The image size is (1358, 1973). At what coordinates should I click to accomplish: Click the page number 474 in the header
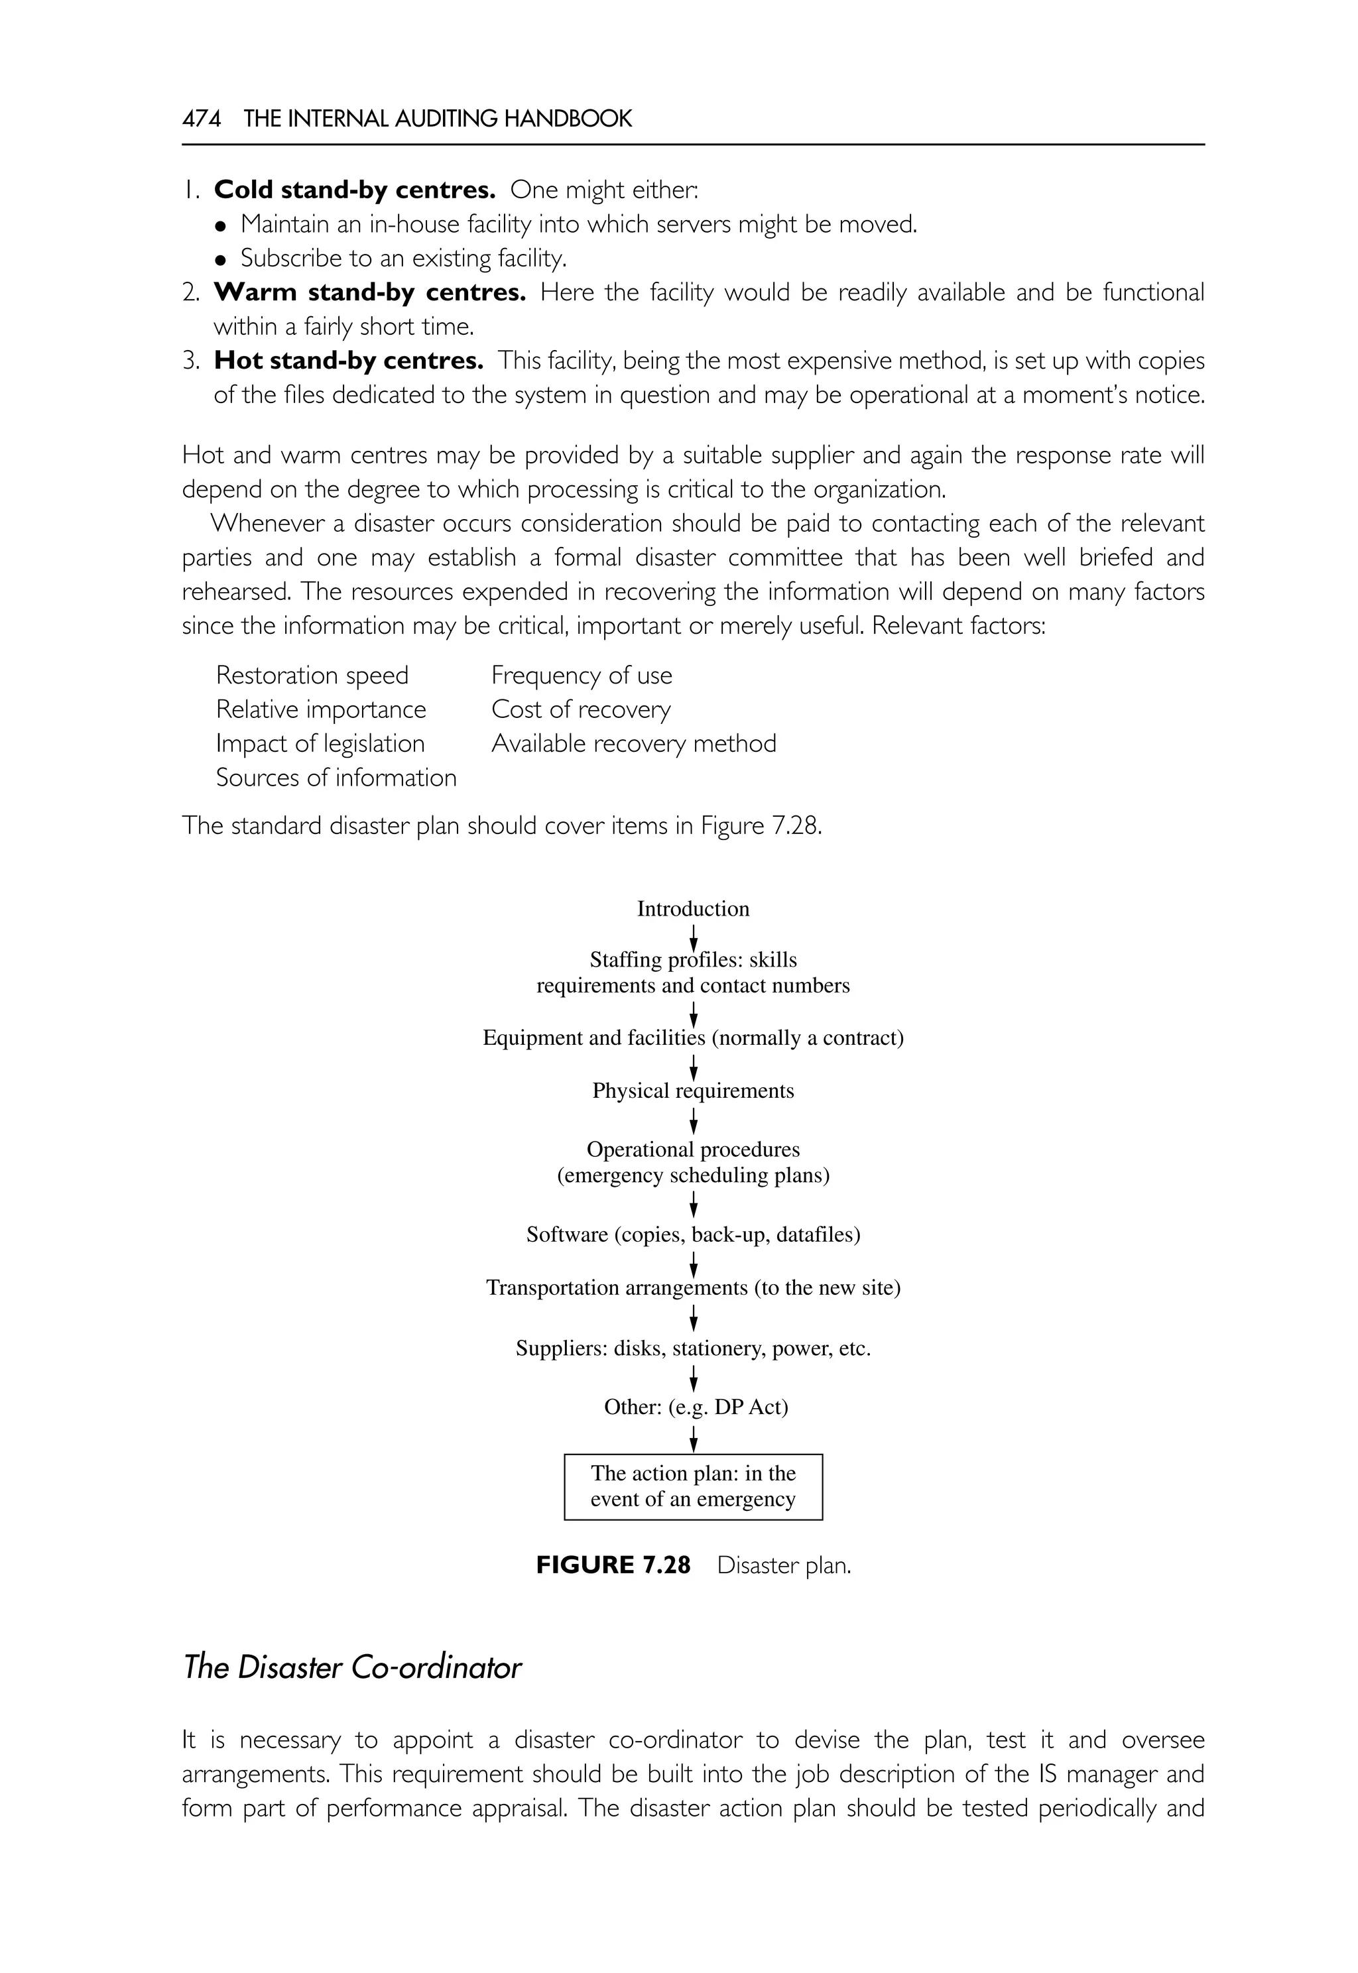tap(202, 119)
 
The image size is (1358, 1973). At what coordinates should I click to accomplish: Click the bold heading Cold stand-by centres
tap(354, 190)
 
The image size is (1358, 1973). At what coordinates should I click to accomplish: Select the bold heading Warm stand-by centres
tap(369, 292)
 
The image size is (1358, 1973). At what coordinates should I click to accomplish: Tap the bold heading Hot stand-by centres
tap(348, 361)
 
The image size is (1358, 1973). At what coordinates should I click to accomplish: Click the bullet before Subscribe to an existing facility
tap(221, 259)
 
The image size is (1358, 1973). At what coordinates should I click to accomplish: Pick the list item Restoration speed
tap(312, 676)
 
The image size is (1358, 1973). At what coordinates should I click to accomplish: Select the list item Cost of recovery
tap(581, 709)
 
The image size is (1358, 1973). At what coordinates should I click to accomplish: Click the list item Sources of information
tap(336, 778)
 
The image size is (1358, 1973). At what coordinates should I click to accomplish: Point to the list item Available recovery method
tap(634, 744)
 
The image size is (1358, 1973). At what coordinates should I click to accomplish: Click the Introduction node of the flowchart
tap(693, 909)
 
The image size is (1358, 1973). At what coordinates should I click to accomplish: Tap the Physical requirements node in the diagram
tap(693, 1091)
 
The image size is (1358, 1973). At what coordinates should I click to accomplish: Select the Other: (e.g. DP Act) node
tap(695, 1407)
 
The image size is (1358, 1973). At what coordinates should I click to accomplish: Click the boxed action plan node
tap(693, 1486)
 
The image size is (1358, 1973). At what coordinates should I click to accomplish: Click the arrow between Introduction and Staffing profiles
tap(694, 937)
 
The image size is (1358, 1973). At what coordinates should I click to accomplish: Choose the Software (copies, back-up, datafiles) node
tap(693, 1234)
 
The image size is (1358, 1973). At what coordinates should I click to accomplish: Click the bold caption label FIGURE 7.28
tap(613, 1565)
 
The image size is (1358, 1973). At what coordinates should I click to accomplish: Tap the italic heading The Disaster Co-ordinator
tap(351, 1667)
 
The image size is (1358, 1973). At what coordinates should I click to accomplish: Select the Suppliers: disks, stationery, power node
tap(693, 1348)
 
